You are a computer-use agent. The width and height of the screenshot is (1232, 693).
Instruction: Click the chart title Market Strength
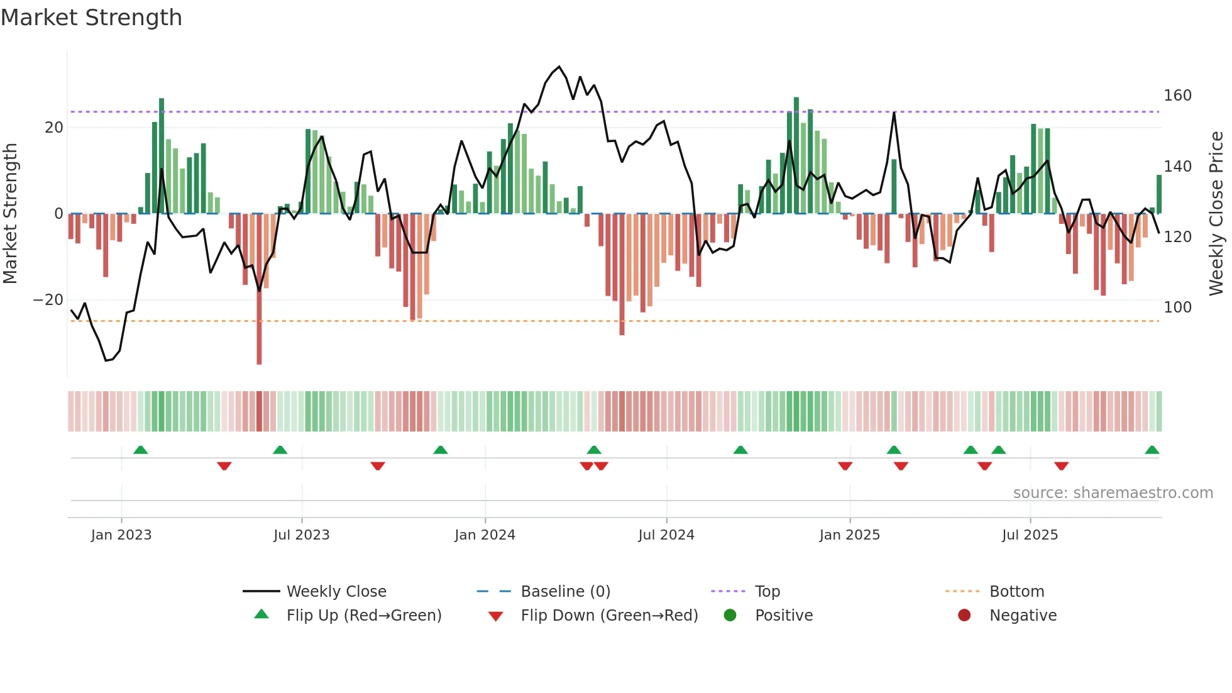(x=91, y=18)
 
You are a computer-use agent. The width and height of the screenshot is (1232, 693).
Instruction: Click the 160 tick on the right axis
(x=1177, y=96)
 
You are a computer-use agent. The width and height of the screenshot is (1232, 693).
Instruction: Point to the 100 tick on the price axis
(x=1177, y=308)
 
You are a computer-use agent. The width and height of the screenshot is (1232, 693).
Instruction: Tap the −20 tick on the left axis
(x=48, y=300)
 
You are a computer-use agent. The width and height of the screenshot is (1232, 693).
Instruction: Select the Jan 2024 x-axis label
(x=485, y=535)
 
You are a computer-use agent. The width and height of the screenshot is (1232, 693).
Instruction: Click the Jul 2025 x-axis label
(x=1030, y=535)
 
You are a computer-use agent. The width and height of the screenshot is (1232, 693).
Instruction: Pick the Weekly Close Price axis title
(x=1216, y=214)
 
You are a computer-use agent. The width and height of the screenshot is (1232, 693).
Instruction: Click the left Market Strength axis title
(x=11, y=214)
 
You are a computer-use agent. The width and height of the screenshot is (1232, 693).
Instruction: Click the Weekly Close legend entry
(x=336, y=592)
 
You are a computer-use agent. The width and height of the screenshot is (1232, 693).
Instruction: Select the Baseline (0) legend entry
(x=565, y=592)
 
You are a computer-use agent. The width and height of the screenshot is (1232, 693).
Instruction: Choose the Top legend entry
(x=767, y=592)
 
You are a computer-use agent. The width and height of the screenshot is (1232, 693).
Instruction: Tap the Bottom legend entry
(x=1016, y=592)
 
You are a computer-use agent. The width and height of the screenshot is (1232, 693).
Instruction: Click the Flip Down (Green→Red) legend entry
(x=608, y=616)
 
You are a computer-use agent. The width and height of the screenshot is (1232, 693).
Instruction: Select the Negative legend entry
(x=1023, y=616)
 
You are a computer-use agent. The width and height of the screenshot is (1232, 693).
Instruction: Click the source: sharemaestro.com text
(x=1113, y=493)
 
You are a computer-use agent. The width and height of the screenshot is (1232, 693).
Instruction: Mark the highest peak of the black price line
(x=559, y=67)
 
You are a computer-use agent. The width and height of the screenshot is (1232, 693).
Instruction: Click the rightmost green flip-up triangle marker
(x=1152, y=450)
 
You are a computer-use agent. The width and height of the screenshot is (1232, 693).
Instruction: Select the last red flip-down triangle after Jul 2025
(x=1061, y=466)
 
